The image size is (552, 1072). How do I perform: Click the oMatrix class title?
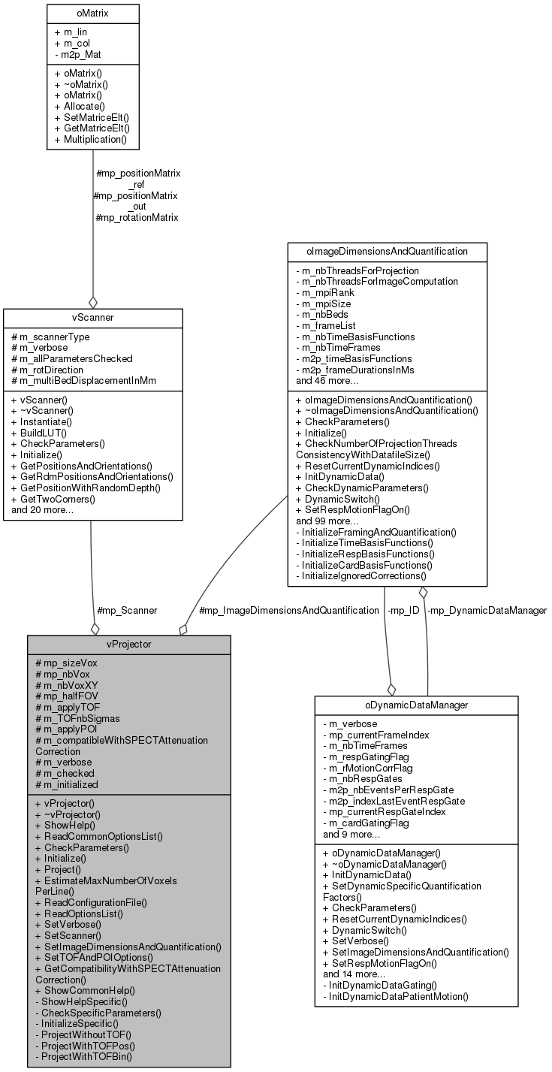(x=92, y=13)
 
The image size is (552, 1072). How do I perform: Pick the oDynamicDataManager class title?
(x=416, y=705)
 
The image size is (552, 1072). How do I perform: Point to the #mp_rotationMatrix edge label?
(x=137, y=218)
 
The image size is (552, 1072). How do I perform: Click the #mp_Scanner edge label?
(x=127, y=611)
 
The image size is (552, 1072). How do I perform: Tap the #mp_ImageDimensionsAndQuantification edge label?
(x=288, y=611)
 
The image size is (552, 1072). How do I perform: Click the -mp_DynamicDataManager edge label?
(x=487, y=611)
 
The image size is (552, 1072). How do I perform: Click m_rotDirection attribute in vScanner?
(x=57, y=370)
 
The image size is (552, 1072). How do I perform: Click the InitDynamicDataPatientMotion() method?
(x=395, y=996)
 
